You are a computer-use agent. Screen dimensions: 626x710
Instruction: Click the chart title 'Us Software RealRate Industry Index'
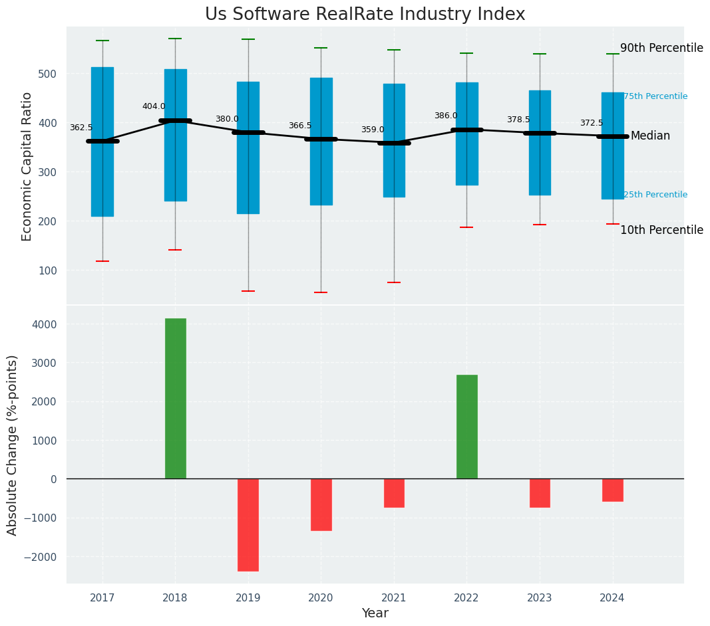tap(365, 15)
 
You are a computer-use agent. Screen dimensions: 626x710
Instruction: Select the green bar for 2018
tap(176, 398)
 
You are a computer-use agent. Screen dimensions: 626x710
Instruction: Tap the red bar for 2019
tap(248, 524)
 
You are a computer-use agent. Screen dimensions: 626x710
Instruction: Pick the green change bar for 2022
tap(466, 426)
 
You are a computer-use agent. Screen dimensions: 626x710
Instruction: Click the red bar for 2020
tap(321, 504)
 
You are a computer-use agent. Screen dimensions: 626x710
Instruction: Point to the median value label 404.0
tap(154, 106)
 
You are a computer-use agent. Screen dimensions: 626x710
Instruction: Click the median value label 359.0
tap(373, 130)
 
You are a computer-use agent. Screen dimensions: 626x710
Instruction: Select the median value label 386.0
tap(446, 116)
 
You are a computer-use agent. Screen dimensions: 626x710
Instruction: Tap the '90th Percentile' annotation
tap(661, 49)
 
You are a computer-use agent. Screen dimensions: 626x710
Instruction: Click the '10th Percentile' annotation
tap(661, 231)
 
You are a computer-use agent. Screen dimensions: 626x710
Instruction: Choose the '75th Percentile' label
tap(655, 96)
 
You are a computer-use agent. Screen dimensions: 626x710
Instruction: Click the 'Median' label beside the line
tap(650, 136)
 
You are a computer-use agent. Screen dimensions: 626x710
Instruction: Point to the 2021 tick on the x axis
tap(394, 598)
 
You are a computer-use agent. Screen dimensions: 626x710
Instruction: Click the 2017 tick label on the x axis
tap(102, 598)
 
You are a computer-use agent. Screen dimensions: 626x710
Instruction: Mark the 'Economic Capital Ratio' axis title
tap(27, 166)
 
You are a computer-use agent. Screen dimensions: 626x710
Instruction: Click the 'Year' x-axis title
tap(375, 613)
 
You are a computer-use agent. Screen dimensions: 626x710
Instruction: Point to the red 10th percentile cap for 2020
tap(321, 292)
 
